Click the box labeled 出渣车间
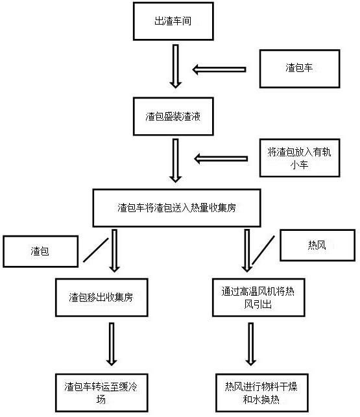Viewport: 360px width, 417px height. (173, 21)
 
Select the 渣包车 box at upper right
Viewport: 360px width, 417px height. (300, 69)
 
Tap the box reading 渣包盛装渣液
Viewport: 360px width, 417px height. (173, 117)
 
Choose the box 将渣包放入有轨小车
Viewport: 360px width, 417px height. (300, 158)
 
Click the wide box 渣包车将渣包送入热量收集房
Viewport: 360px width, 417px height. (176, 208)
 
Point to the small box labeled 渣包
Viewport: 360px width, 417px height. (40, 252)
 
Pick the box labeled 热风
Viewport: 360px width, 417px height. (317, 245)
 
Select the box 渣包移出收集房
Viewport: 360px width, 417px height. (101, 298)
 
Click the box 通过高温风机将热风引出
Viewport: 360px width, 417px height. (258, 298)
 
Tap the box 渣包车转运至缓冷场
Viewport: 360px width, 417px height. (101, 393)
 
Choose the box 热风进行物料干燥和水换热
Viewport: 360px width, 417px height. (262, 393)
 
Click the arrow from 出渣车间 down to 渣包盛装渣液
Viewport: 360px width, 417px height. (176, 66)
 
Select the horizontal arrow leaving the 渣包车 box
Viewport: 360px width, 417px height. (219, 69)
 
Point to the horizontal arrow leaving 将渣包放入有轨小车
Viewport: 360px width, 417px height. (221, 159)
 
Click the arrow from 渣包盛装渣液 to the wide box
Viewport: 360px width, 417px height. (176, 161)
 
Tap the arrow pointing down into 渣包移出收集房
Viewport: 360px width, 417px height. (114, 251)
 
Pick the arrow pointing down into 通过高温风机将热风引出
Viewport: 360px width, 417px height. (247, 251)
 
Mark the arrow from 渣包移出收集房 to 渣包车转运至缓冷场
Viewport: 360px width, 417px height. (112, 344)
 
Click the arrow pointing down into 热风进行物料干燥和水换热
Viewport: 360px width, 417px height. (250, 344)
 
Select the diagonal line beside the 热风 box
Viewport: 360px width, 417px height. (263, 250)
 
